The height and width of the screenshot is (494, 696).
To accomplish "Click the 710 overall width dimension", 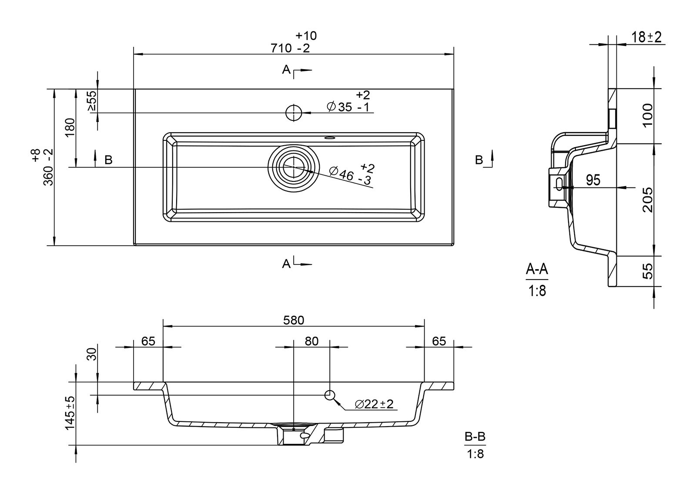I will [x=291, y=48].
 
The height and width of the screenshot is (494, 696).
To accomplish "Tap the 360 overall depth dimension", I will [x=48, y=167].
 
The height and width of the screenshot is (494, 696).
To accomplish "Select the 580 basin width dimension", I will [x=294, y=320].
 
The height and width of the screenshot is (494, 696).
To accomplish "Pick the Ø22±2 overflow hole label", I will [x=374, y=404].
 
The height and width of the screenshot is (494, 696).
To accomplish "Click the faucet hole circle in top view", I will [x=294, y=113].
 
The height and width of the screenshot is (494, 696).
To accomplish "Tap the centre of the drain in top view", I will [x=294, y=167].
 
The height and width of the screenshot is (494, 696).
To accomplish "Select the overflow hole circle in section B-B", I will [x=330, y=395].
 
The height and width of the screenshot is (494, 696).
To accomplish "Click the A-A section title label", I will [x=537, y=270].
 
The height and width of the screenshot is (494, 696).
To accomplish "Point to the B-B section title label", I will [x=475, y=437].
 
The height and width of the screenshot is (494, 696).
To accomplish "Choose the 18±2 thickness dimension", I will [x=646, y=37].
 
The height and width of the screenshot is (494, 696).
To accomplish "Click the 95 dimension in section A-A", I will [x=592, y=180].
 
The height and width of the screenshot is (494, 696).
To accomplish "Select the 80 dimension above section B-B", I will [x=311, y=341].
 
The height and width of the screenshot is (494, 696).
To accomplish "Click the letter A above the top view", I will [x=286, y=70].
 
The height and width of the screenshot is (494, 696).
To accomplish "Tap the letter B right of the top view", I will [x=479, y=160].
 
